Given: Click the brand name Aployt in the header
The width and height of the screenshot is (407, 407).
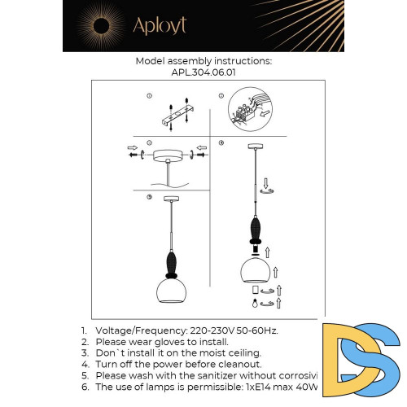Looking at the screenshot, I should (160, 25).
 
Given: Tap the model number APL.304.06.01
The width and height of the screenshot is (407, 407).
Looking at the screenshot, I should (203, 72).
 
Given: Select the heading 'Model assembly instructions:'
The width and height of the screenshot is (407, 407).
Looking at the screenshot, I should (203, 61).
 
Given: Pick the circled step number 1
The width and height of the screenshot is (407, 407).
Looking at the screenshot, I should (150, 97).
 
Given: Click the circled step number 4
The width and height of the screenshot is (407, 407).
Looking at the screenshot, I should (221, 142).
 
